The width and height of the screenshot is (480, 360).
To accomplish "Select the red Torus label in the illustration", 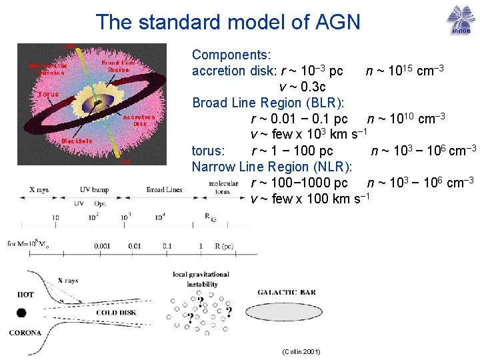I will click(47, 94).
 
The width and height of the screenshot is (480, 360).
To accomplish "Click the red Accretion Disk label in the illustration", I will click(139, 120).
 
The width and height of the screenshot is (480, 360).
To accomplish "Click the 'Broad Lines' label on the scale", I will click(164, 190).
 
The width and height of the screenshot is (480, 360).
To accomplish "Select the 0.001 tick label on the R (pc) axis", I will click(102, 246).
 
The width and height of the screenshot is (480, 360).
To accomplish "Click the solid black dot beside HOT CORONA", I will click(21, 312).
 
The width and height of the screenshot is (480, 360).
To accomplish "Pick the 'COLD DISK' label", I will click(117, 312).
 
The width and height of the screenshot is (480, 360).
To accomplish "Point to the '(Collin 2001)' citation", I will click(301, 351).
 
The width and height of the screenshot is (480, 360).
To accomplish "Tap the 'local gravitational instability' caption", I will click(201, 279).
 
